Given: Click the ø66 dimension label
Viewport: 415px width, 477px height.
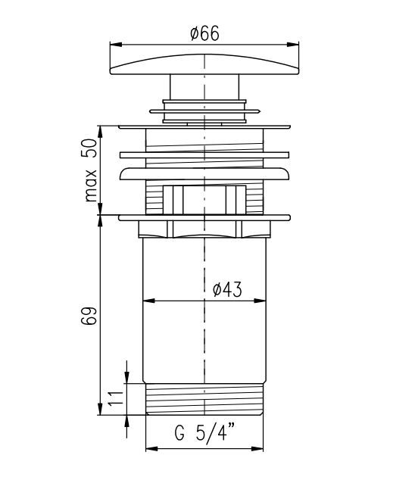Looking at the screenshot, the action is click(204, 34).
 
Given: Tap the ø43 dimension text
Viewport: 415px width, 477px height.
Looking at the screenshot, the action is click(227, 289).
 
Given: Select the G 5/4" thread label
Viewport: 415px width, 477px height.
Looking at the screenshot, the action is click(204, 432).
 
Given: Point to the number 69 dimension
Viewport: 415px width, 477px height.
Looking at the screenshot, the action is click(89, 316).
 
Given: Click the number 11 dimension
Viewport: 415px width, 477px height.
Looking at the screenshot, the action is click(116, 399).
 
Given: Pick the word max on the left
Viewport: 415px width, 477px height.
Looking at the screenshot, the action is click(90, 185).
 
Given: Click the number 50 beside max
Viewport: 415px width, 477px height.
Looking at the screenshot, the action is click(89, 148).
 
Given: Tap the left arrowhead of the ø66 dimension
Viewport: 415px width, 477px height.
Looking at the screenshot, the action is click(116, 45).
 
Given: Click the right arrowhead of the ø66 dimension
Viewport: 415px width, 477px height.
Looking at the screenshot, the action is click(292, 45).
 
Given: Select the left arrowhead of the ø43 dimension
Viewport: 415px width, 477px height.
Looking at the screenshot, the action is click(148, 301).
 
